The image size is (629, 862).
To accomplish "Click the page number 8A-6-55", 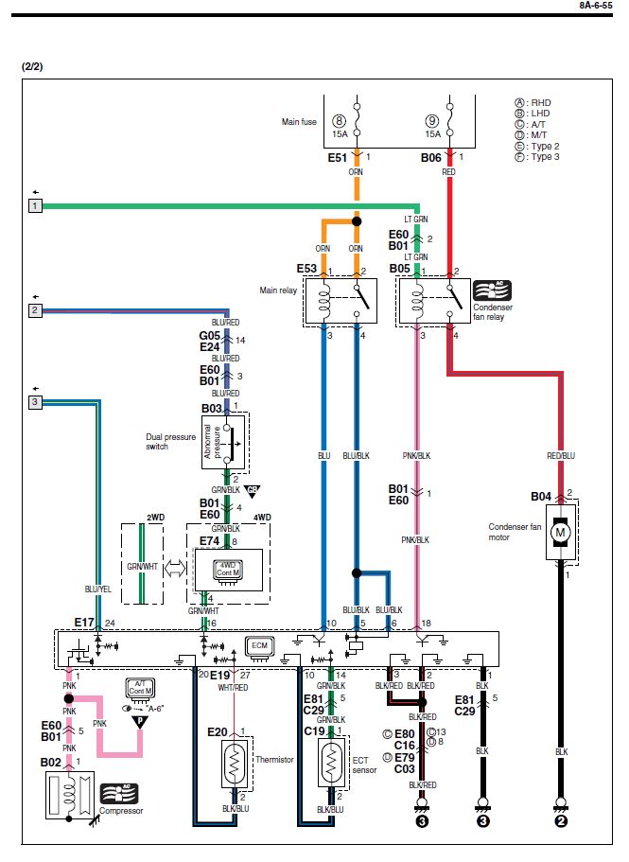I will coord(598,6).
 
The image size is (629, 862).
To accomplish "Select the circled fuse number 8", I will coord(339,121).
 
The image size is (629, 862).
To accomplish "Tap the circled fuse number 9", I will coord(431,121).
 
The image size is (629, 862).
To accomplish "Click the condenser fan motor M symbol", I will coord(560,532).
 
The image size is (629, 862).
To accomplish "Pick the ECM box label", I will coord(258,646).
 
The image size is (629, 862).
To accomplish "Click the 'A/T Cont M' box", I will coord(139,688).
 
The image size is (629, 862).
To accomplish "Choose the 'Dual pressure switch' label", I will coord(169,441).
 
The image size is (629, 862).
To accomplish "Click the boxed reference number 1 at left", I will coord(35,205).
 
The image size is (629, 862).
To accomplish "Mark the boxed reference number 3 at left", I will coord(35,402).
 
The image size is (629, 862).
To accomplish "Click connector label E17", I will coord(85,623).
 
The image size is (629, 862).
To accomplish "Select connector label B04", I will coord(540,495).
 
